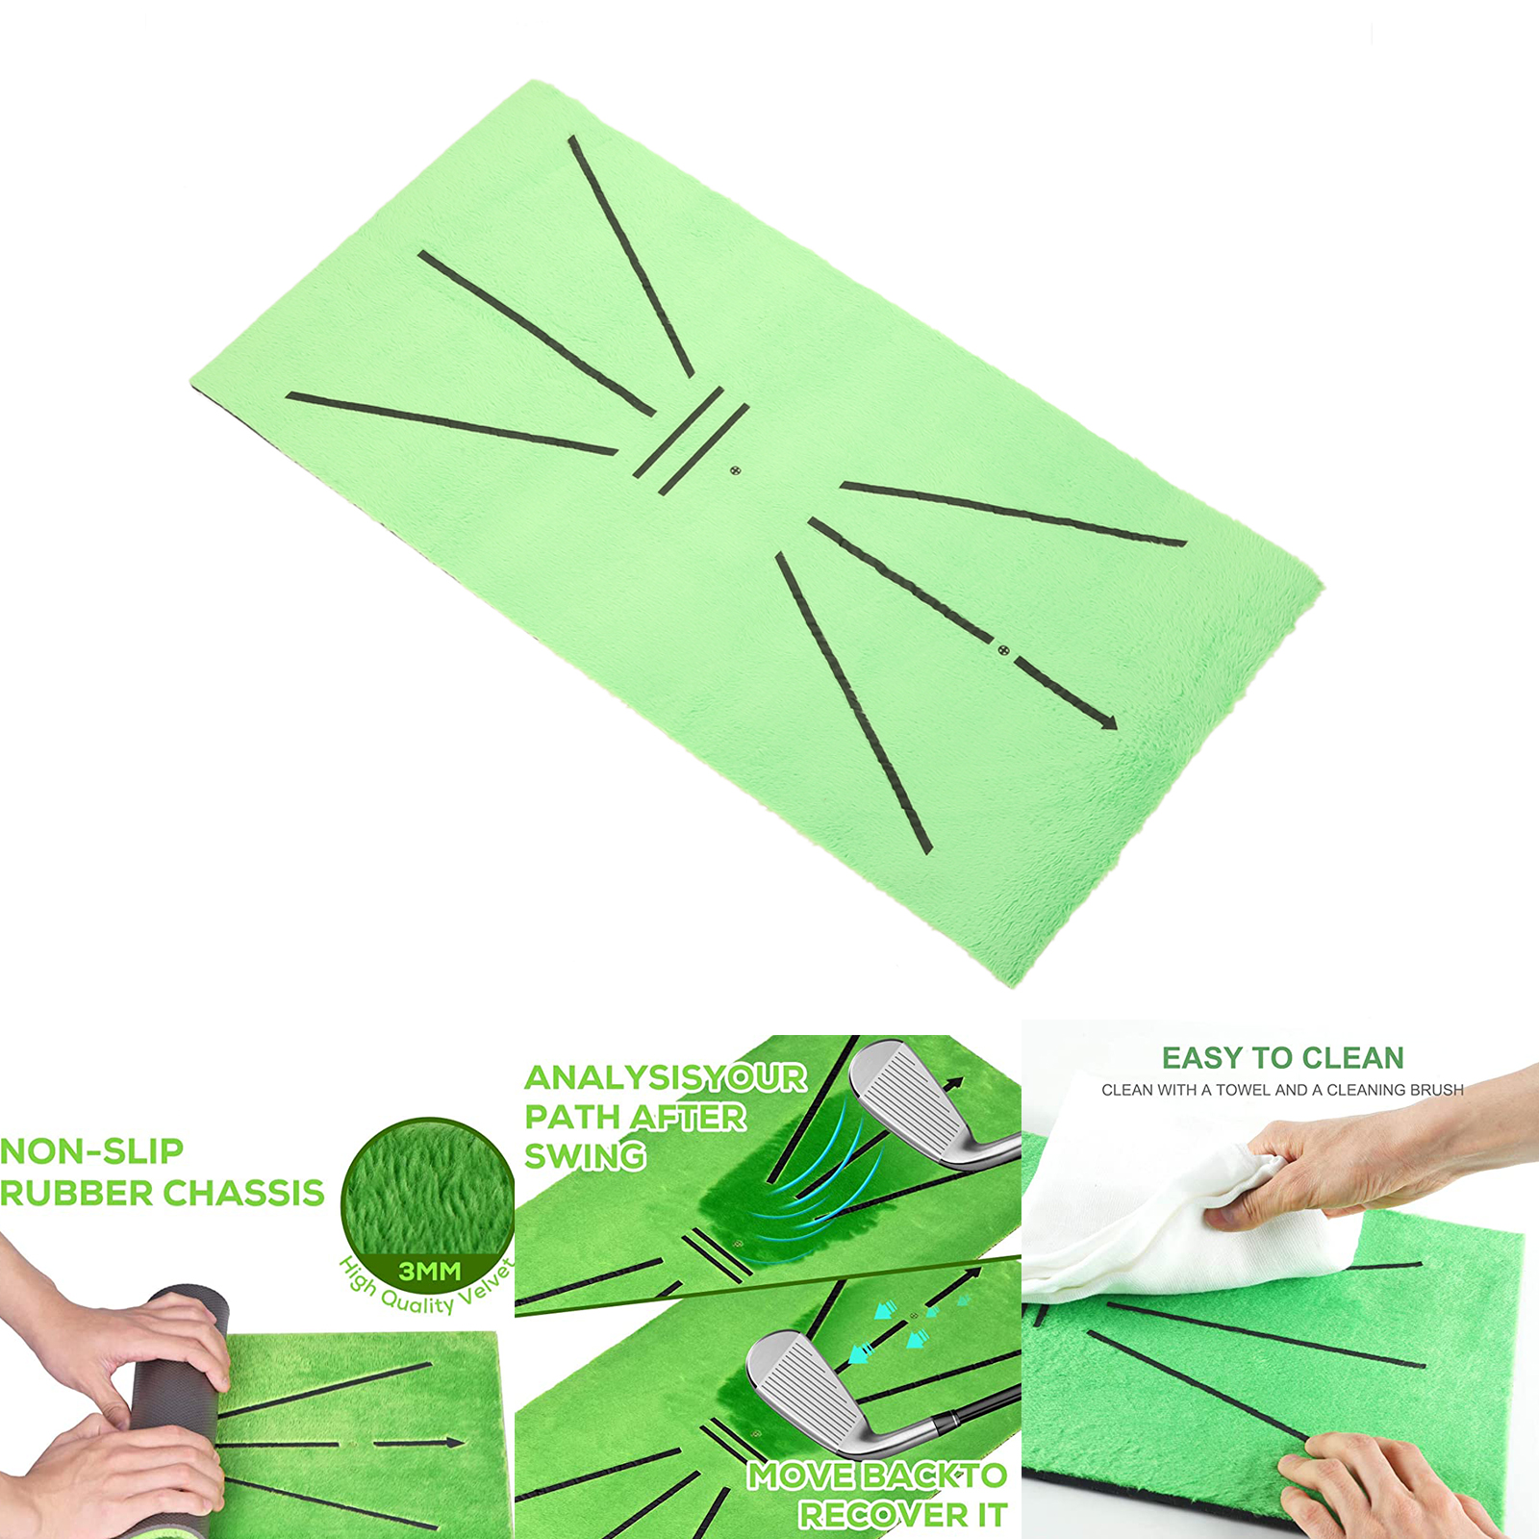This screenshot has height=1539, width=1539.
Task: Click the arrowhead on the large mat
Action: pos(1109,721)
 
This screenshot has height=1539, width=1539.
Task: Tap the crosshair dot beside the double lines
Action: pos(736,470)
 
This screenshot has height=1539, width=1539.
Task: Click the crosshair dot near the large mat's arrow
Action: pos(1003,650)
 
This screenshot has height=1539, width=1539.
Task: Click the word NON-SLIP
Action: pos(91,1150)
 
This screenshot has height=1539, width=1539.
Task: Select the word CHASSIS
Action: pos(245,1193)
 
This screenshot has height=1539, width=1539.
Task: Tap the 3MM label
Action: pos(430,1271)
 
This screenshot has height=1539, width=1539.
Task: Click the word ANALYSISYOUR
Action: pos(666,1077)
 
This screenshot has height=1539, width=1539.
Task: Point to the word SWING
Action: pos(585,1155)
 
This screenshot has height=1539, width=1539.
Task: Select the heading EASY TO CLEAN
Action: pos(1282,1058)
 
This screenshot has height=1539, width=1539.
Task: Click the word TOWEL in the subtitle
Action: pos(1242,1090)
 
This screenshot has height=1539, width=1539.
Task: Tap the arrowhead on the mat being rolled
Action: pos(453,1442)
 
